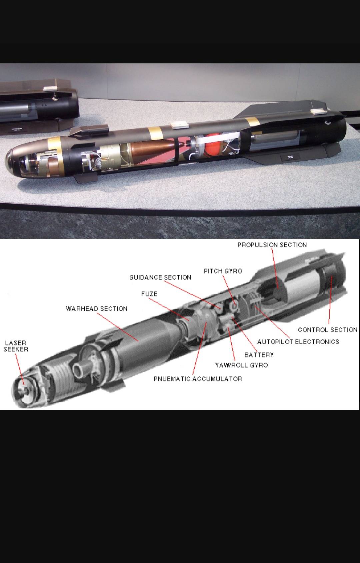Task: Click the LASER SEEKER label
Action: tap(16, 346)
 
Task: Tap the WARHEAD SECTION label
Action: tap(97, 308)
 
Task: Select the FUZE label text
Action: tap(149, 294)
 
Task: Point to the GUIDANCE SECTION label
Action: tap(160, 277)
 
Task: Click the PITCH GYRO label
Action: tap(223, 271)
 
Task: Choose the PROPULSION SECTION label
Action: tap(272, 245)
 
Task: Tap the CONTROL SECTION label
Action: tap(327, 329)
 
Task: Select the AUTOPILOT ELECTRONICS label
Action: tap(298, 341)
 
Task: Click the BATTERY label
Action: tap(259, 355)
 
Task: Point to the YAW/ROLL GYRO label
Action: tap(241, 365)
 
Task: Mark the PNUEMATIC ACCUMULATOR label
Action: tap(198, 379)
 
